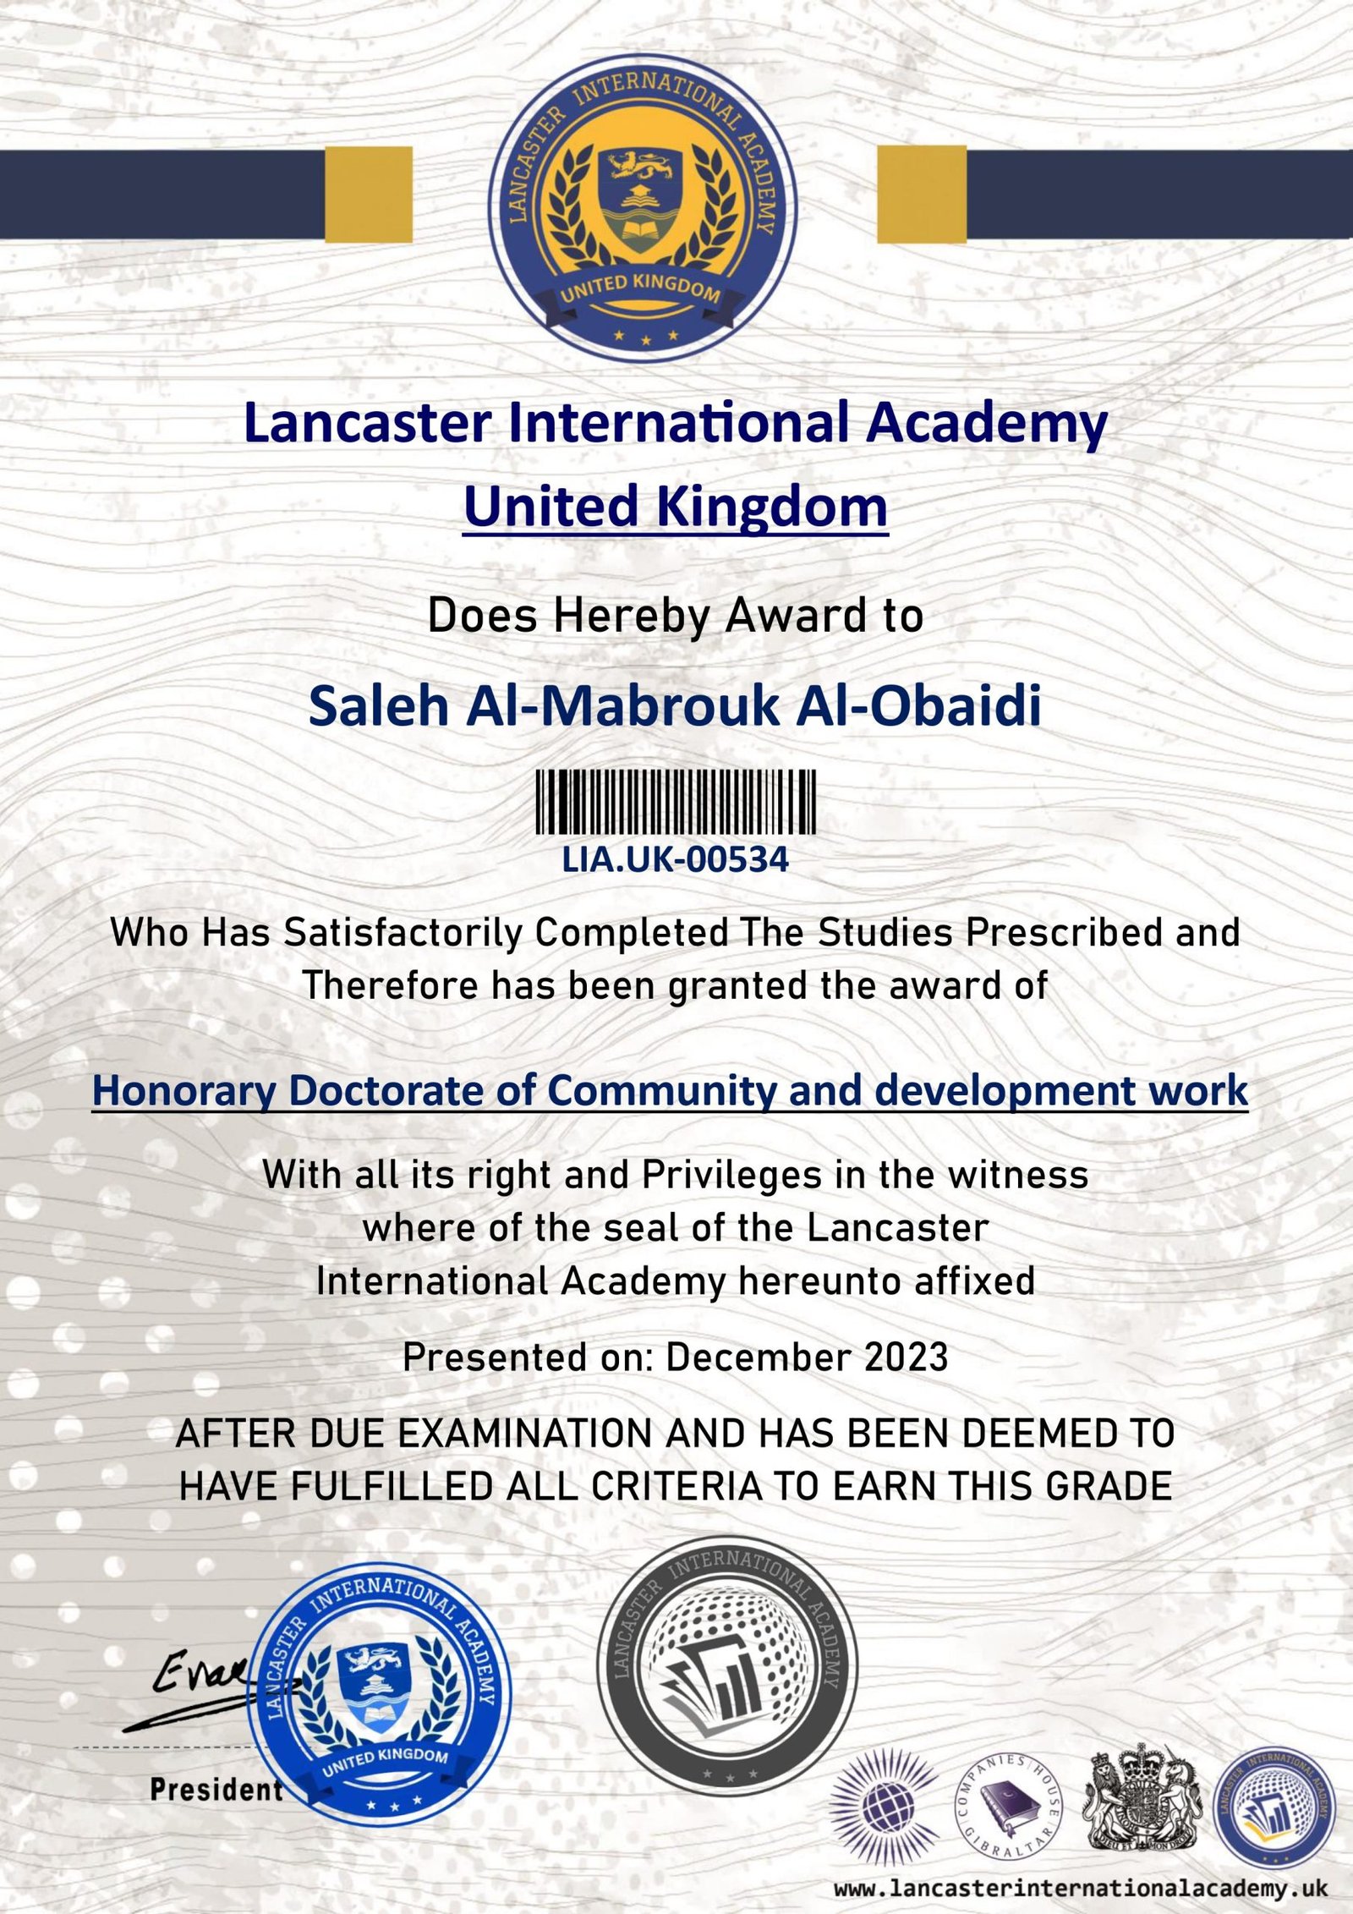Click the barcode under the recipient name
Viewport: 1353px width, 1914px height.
point(676,803)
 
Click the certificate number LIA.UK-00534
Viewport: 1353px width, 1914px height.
point(676,860)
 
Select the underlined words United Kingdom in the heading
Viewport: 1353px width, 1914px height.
point(676,507)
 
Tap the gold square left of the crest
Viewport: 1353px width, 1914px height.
point(369,195)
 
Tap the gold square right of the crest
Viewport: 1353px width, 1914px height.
point(922,195)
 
